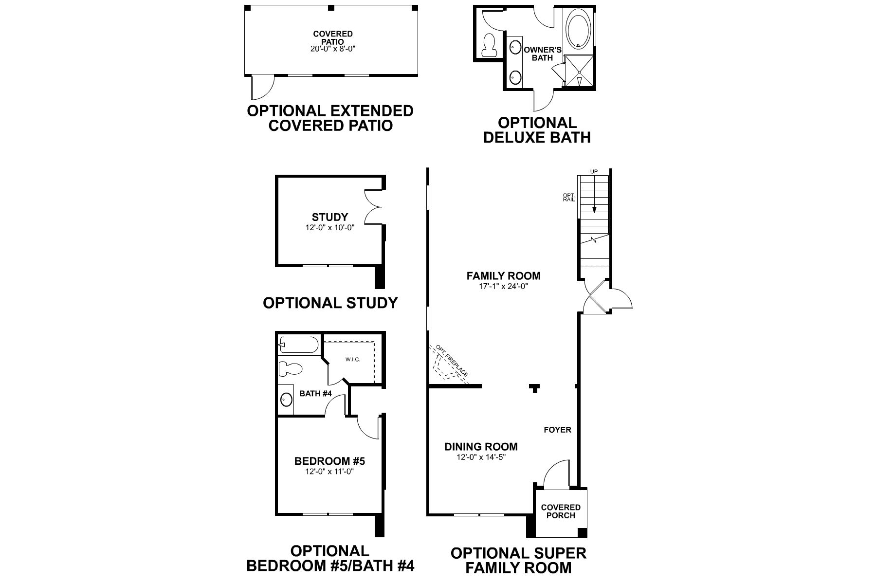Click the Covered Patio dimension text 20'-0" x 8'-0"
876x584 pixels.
click(333, 49)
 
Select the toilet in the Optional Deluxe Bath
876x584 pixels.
click(488, 45)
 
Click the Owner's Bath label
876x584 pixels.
click(543, 54)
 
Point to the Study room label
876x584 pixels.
click(330, 217)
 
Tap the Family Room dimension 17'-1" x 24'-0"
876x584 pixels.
click(503, 287)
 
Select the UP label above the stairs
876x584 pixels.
click(594, 172)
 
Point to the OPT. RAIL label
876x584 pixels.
click(569, 198)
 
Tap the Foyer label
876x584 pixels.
click(557, 430)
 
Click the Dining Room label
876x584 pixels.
click(481, 446)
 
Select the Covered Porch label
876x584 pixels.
click(561, 511)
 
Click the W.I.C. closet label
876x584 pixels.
click(352, 360)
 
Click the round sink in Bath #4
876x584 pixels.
click(287, 400)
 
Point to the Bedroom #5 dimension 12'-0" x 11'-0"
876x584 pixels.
click(329, 471)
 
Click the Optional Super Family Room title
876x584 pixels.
click(518, 560)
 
